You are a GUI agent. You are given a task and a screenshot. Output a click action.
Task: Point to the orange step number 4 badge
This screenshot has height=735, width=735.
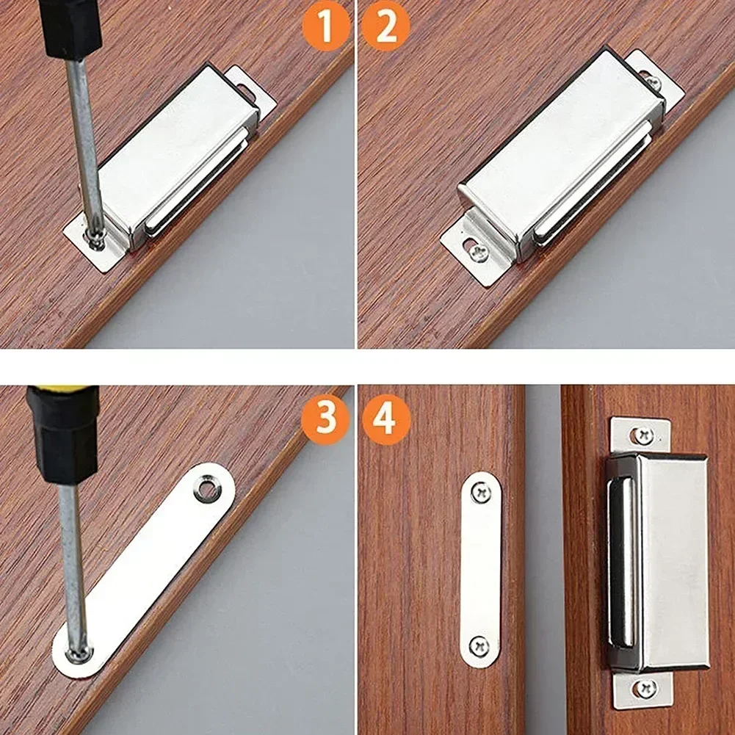(x=385, y=419)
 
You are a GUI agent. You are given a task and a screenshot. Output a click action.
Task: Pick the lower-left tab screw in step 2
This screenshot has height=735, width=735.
(x=478, y=253)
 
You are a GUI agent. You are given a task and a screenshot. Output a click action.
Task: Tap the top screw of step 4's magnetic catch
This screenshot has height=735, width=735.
(x=644, y=435)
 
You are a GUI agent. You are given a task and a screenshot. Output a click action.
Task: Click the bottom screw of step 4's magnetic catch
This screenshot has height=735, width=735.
(x=646, y=688)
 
